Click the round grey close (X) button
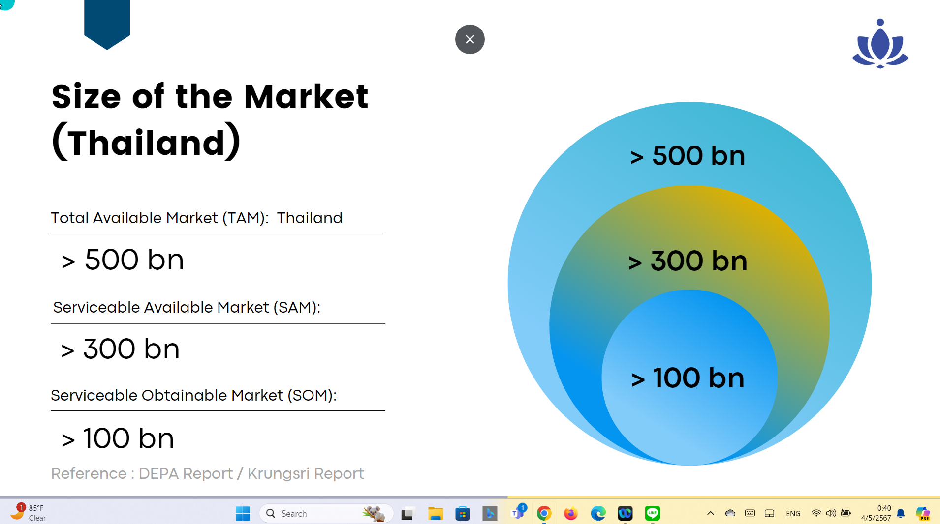click(x=470, y=39)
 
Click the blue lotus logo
click(x=880, y=44)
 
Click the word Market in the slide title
click(x=306, y=96)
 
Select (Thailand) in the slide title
click(x=146, y=142)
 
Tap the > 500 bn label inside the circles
click(x=688, y=156)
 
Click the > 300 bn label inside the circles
click(x=688, y=261)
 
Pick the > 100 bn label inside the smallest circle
click(x=688, y=378)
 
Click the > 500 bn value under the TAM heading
click(x=123, y=260)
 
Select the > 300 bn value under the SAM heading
click(x=120, y=349)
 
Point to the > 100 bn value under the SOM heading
click(x=118, y=438)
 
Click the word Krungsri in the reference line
click(x=279, y=473)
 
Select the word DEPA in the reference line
click(x=159, y=473)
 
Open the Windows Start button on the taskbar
click(x=243, y=513)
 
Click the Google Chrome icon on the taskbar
click(x=544, y=513)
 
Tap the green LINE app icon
click(x=652, y=513)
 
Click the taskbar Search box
click(x=326, y=513)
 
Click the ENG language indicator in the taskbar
click(x=793, y=513)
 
